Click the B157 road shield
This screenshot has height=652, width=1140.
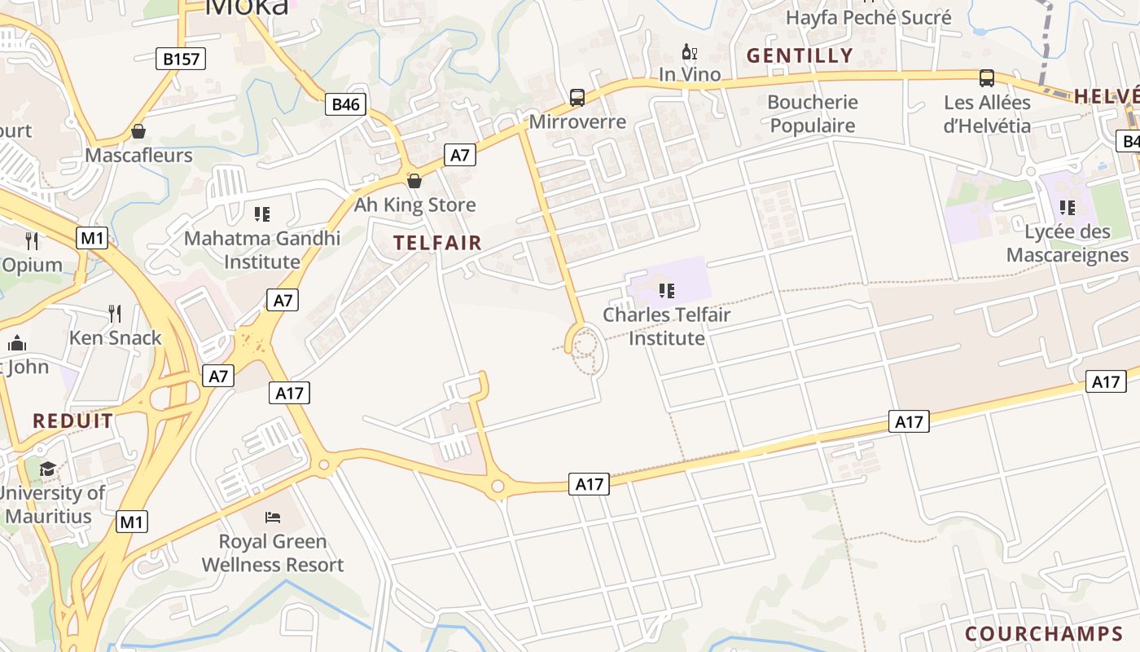click(x=181, y=59)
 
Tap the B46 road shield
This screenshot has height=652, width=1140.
click(x=346, y=104)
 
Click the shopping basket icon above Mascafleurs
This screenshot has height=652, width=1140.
click(x=138, y=131)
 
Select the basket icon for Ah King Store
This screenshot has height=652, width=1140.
click(x=414, y=181)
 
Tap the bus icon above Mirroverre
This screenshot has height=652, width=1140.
click(x=577, y=98)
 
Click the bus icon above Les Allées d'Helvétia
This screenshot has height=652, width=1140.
click(x=987, y=78)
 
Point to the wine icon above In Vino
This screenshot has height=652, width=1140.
click(x=690, y=52)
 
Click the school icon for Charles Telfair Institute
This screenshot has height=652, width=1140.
click(x=667, y=290)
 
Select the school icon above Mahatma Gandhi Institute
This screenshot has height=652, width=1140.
click(x=262, y=214)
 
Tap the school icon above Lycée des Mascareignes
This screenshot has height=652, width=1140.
click(x=1068, y=208)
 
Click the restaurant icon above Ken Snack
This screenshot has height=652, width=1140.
click(x=115, y=313)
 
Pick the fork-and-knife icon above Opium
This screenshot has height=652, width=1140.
click(x=32, y=240)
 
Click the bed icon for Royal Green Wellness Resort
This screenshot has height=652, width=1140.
click(x=273, y=517)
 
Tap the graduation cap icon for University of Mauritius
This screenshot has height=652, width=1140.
click(x=48, y=469)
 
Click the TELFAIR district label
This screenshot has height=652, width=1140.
click(x=437, y=242)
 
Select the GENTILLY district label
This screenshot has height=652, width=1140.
click(x=800, y=55)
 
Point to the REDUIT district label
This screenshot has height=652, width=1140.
click(x=73, y=421)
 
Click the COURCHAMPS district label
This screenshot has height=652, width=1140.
click(x=1044, y=633)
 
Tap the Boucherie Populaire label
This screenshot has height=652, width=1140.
click(x=813, y=113)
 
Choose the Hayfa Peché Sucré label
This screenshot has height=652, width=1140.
click(x=868, y=17)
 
